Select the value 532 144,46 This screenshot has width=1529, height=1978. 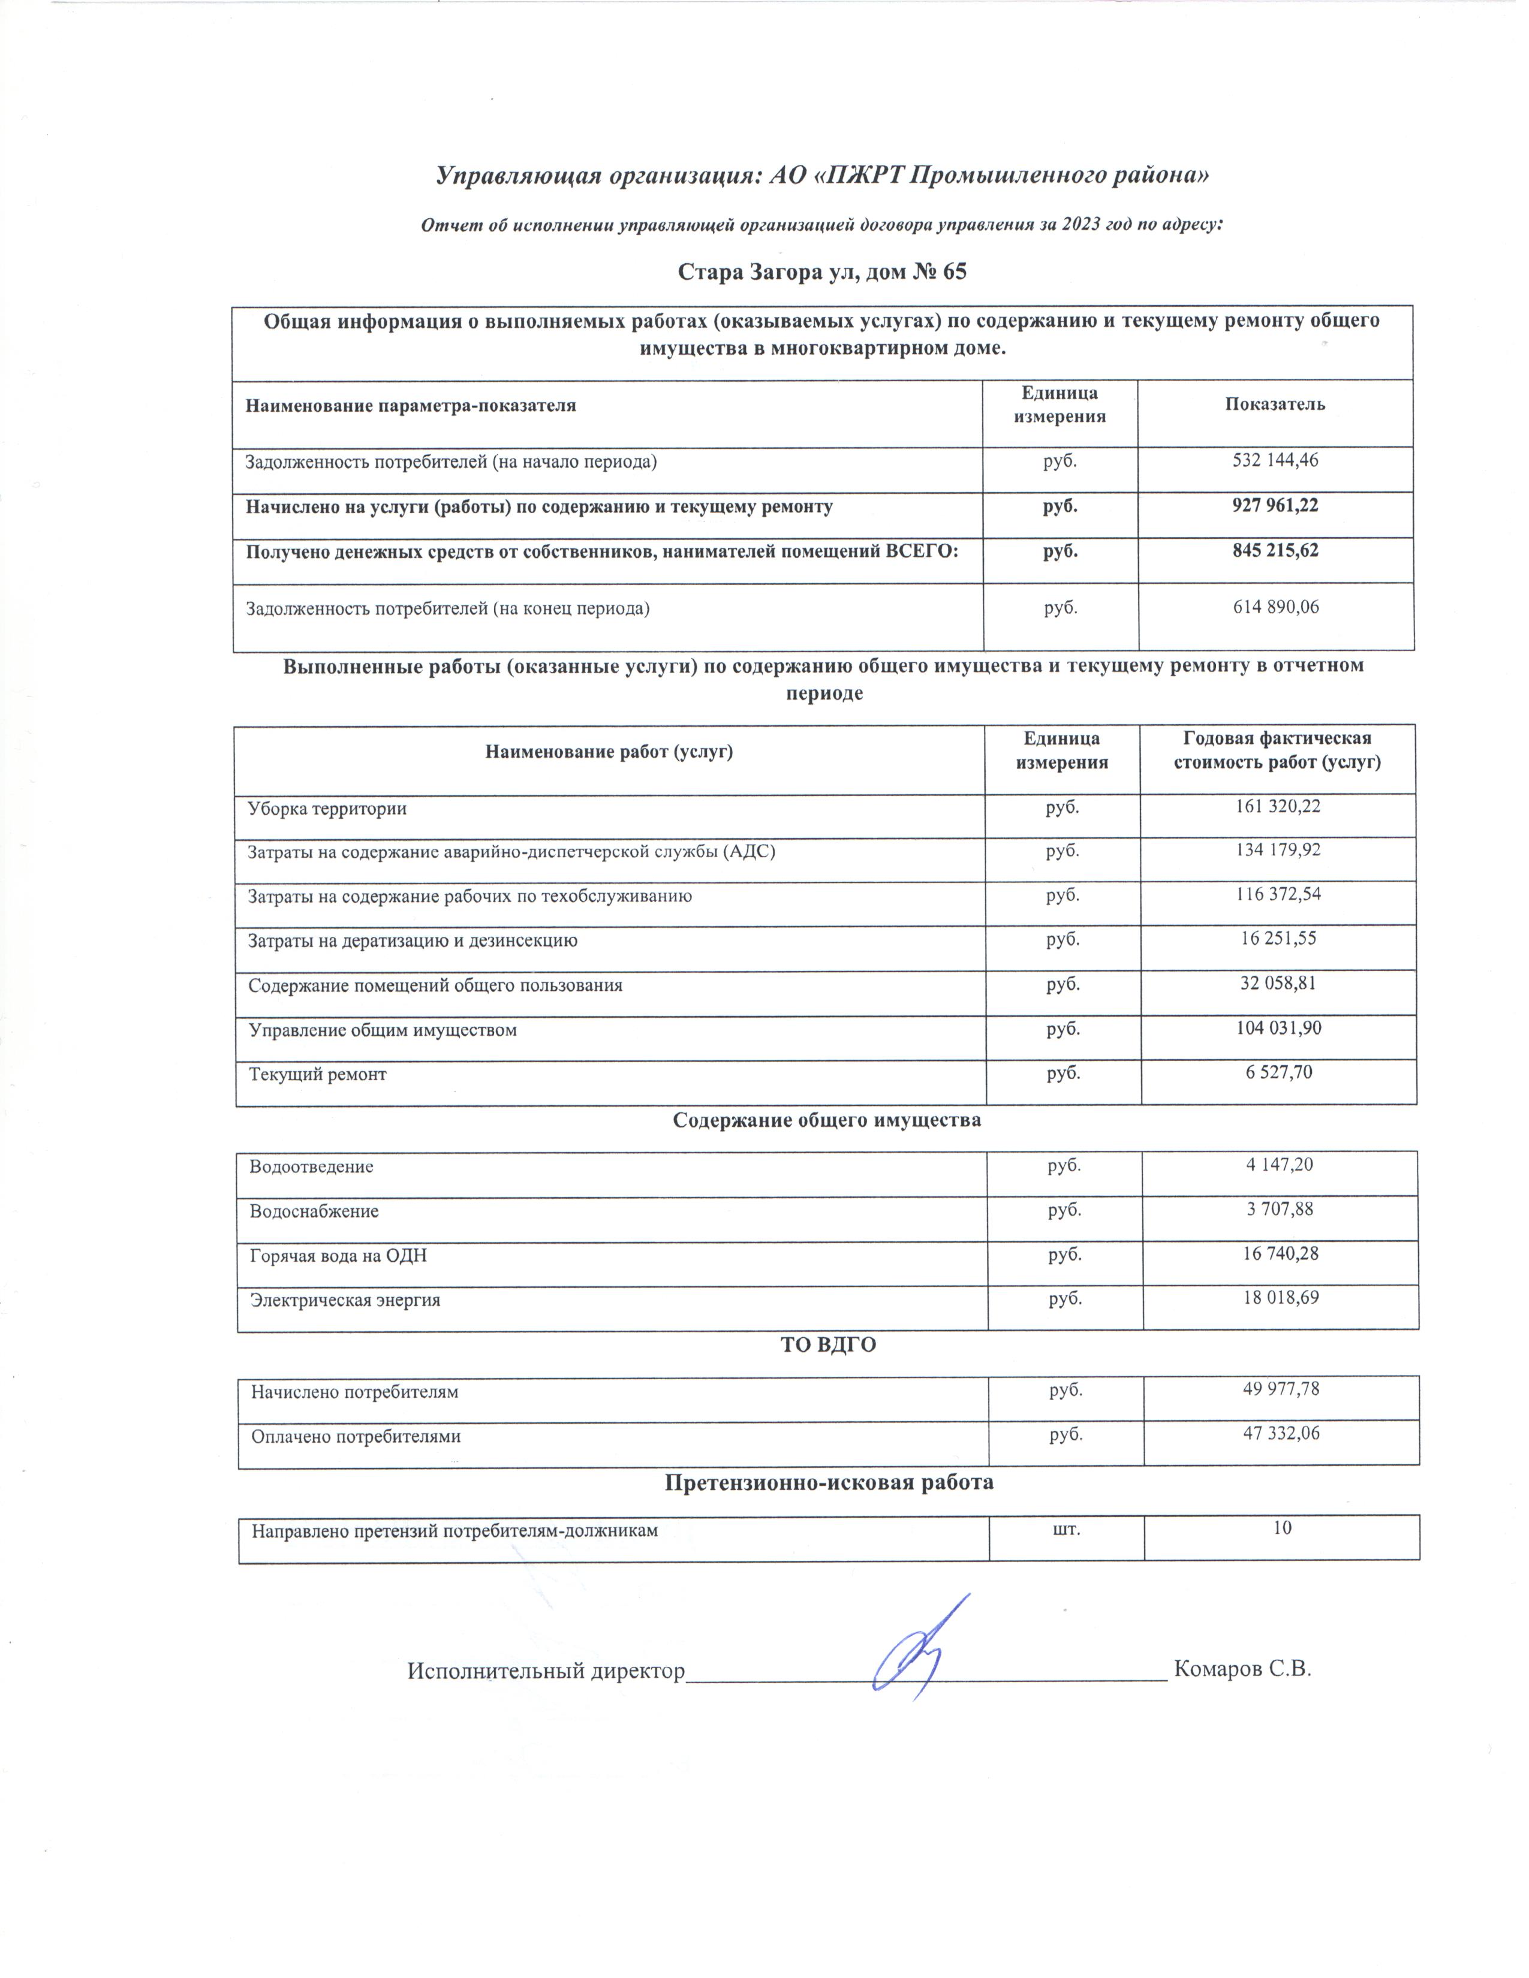pos(1275,461)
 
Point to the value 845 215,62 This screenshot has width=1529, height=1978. pos(1275,551)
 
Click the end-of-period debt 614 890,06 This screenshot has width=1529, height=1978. pos(1275,608)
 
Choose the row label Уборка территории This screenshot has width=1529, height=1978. pos(327,808)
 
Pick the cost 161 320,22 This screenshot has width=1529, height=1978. pos(1277,806)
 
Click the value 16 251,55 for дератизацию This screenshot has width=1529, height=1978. pos(1277,939)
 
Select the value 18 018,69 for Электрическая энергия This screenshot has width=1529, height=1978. pos(1280,1298)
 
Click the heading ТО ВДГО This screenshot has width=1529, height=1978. pos(828,1345)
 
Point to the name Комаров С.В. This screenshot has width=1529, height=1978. pos(1242,1669)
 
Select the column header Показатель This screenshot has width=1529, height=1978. pos(1275,405)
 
